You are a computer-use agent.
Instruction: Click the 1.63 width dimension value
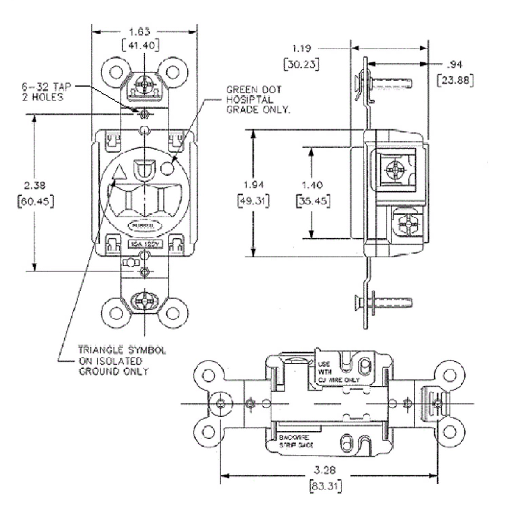[x=140, y=32]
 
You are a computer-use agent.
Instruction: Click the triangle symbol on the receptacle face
[x=120, y=172]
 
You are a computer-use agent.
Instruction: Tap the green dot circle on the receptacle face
[x=168, y=168]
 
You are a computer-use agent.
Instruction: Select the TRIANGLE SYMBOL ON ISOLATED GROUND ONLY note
[x=122, y=361]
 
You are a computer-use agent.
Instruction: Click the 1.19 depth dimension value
[x=302, y=49]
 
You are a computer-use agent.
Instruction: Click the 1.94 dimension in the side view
[x=254, y=185]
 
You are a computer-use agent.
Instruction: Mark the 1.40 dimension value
[x=312, y=185]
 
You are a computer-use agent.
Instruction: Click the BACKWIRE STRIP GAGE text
[x=296, y=441]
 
